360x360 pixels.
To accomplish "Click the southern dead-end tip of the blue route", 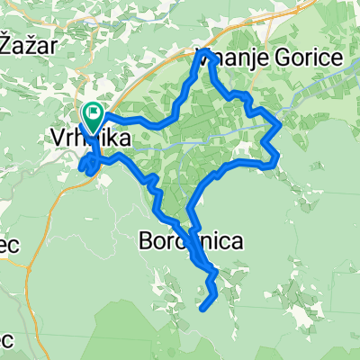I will click(202, 309).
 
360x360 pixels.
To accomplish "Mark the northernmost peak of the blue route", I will click(199, 52).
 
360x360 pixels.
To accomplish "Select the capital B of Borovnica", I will click(148, 240).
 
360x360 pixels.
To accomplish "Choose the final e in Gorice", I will click(336, 58).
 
